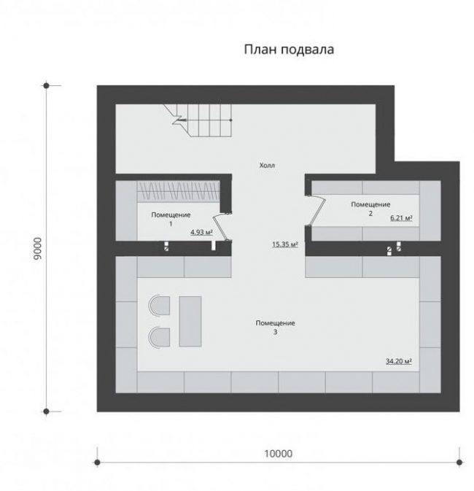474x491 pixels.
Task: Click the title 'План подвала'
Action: click(289, 50)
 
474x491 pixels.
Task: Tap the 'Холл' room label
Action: click(267, 166)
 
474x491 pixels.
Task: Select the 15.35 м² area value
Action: click(284, 244)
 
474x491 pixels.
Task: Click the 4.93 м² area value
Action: click(201, 232)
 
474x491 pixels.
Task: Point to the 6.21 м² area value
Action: click(401, 218)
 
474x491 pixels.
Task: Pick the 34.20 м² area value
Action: click(399, 361)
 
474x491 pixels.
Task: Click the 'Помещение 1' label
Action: click(171, 219)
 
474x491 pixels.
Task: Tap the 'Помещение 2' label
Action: click(370, 209)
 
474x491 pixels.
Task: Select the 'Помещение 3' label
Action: click(275, 328)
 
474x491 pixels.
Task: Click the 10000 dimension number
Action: click(279, 454)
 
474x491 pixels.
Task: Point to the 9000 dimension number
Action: click(37, 249)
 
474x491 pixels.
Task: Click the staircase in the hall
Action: click(201, 120)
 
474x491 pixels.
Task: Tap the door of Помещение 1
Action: click(222, 228)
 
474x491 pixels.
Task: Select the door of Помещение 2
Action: click(316, 210)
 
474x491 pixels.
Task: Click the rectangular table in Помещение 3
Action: click(190, 321)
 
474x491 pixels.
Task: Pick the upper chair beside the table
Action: click(159, 306)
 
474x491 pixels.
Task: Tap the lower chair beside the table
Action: click(159, 337)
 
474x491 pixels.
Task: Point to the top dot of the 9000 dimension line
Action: click(47, 85)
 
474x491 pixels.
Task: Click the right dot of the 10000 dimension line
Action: click(459, 463)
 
